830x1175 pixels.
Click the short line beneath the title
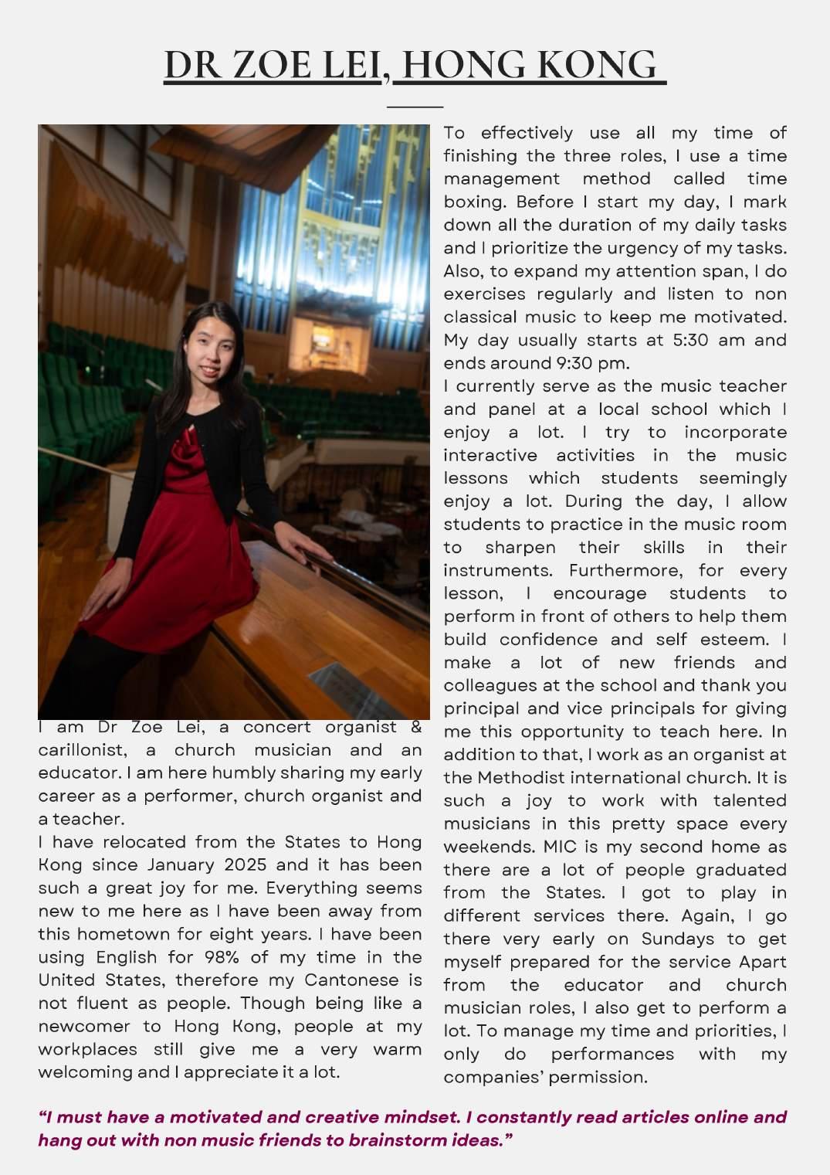click(415, 106)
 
